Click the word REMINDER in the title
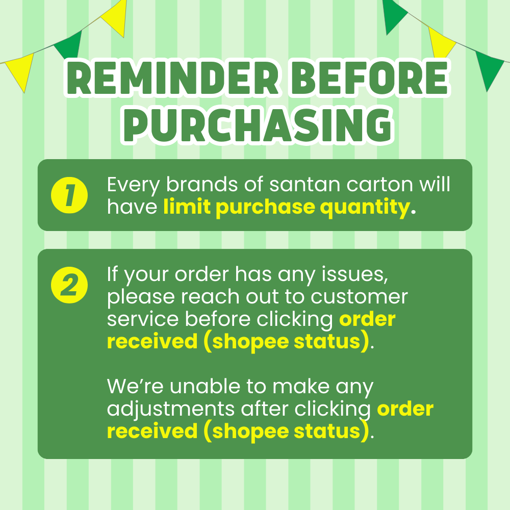[173, 78]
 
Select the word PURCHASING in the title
[258, 125]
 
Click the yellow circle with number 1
[69, 195]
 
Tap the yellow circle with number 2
[69, 285]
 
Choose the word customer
[359, 297]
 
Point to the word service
[143, 319]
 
